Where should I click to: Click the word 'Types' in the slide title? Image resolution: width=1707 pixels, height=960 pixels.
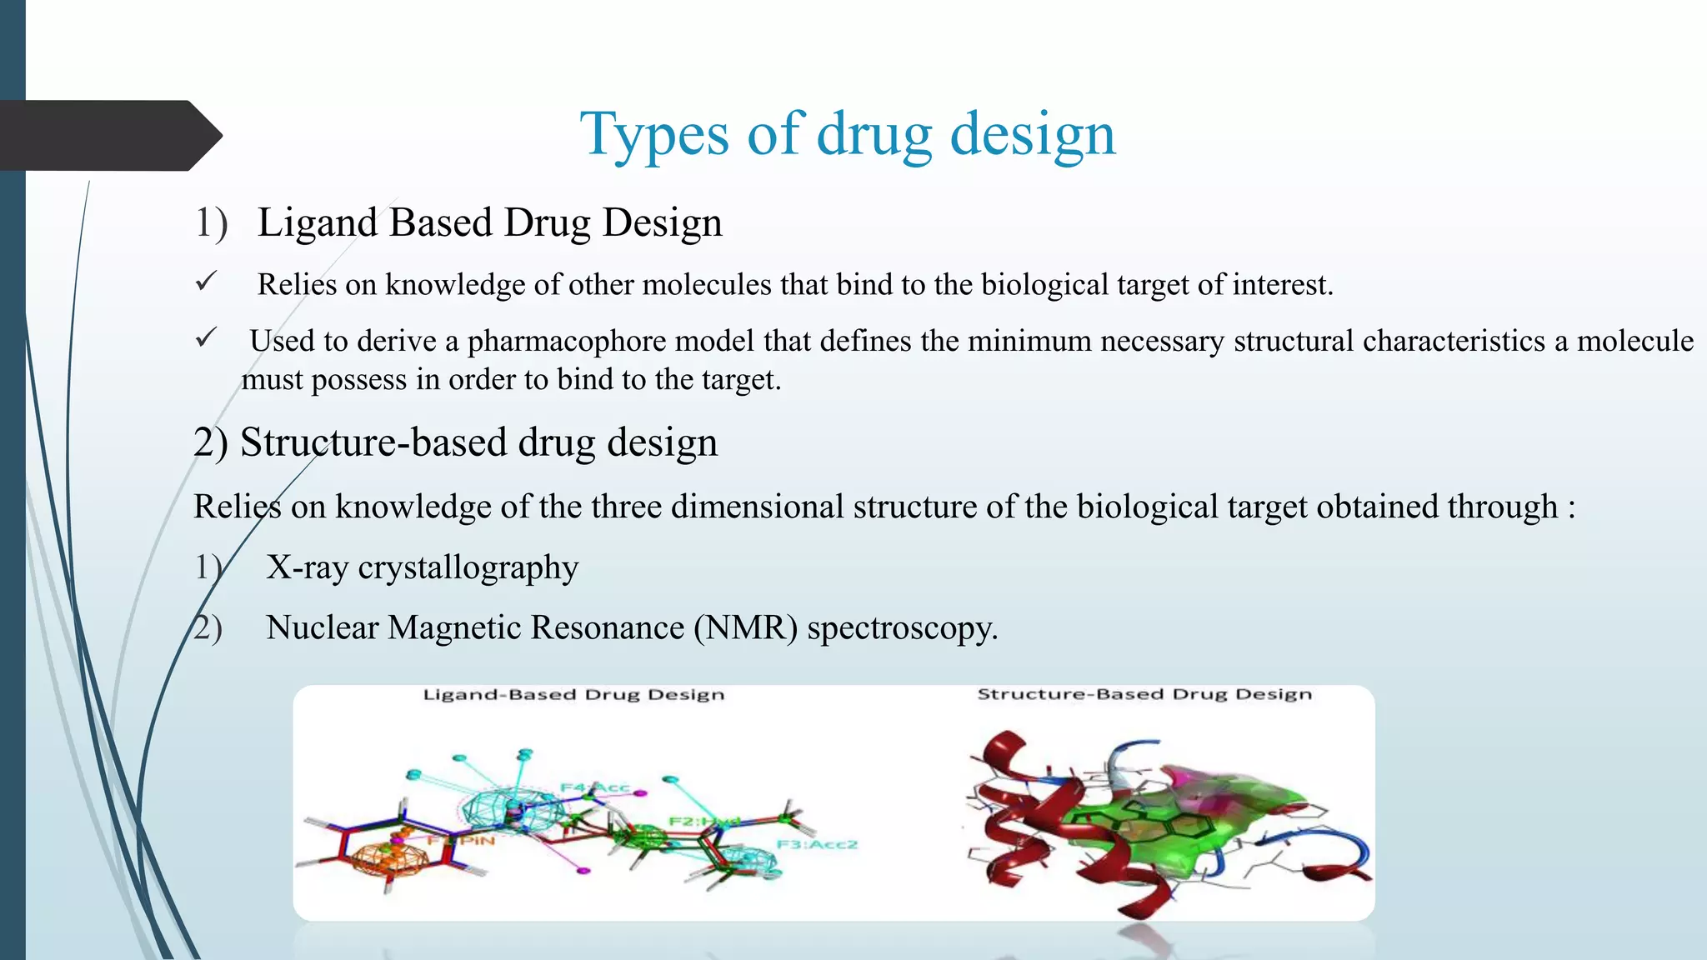click(654, 135)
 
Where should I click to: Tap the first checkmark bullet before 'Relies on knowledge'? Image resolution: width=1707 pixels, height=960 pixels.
click(206, 282)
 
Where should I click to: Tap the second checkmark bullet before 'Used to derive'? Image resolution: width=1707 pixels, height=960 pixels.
click(206, 337)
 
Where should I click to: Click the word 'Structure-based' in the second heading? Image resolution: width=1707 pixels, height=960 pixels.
click(373, 442)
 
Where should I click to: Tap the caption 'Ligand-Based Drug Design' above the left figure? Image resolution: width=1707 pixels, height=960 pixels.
click(573, 695)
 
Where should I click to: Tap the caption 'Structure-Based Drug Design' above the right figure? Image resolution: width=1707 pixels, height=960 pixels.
click(1144, 694)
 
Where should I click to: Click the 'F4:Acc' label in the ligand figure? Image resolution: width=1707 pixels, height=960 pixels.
click(593, 787)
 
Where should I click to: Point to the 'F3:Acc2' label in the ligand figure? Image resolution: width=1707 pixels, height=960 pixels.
click(816, 844)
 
